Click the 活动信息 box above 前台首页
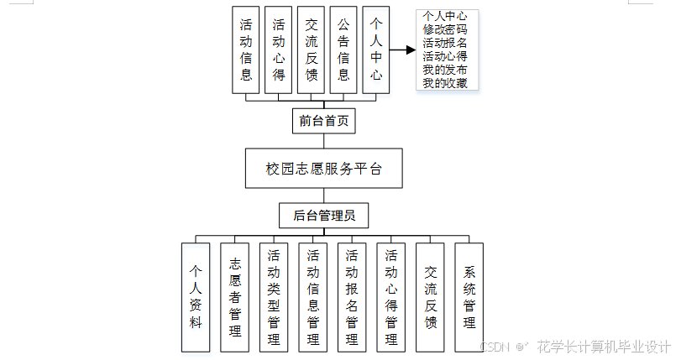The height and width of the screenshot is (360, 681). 246,50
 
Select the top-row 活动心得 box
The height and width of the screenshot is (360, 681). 279,50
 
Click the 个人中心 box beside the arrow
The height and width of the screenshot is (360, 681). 376,50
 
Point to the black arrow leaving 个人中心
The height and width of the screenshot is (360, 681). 402,50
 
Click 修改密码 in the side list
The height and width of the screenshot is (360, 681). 445,29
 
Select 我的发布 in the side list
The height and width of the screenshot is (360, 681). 445,70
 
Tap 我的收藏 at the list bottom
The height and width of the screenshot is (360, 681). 445,83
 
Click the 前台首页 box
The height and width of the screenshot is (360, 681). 324,121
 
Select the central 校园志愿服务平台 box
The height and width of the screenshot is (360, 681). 324,169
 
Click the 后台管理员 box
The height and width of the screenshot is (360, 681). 324,216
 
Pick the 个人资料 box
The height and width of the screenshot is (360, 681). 196,297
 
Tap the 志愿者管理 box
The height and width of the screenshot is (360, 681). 235,297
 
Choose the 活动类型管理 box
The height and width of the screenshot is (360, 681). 274,297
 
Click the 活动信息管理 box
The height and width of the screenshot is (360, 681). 313,297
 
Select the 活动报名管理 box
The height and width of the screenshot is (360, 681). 352,297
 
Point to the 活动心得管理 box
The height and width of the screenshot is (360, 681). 391,297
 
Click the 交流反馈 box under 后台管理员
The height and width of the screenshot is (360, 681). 431,297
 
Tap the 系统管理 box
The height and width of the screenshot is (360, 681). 469,297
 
